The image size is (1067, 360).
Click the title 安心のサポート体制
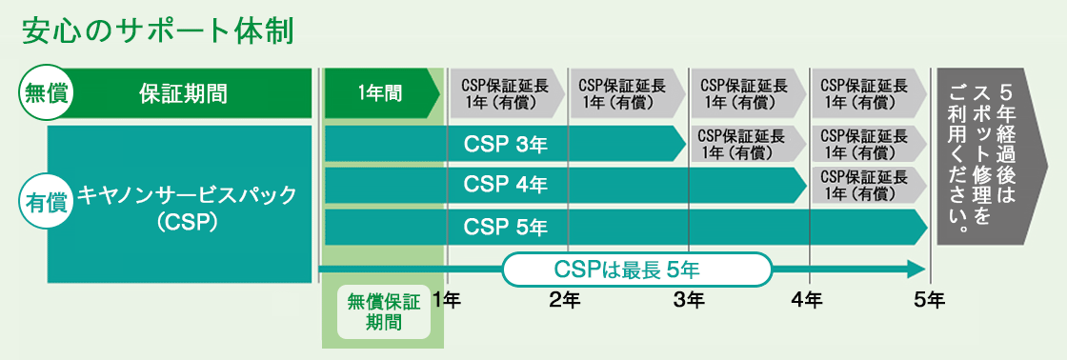tap(156, 30)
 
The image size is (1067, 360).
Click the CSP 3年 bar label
tap(505, 144)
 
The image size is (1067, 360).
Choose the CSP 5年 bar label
tap(505, 227)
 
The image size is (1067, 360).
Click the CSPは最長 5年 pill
tap(634, 270)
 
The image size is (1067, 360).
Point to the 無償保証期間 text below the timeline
tap(383, 311)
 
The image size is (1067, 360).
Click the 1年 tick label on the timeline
tap(446, 301)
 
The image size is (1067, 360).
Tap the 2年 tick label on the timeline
tap(566, 301)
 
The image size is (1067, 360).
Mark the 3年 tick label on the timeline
tap(688, 301)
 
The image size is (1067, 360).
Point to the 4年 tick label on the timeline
tap(808, 301)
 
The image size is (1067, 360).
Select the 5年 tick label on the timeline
tap(929, 301)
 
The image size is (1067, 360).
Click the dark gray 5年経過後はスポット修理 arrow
tap(989, 156)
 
